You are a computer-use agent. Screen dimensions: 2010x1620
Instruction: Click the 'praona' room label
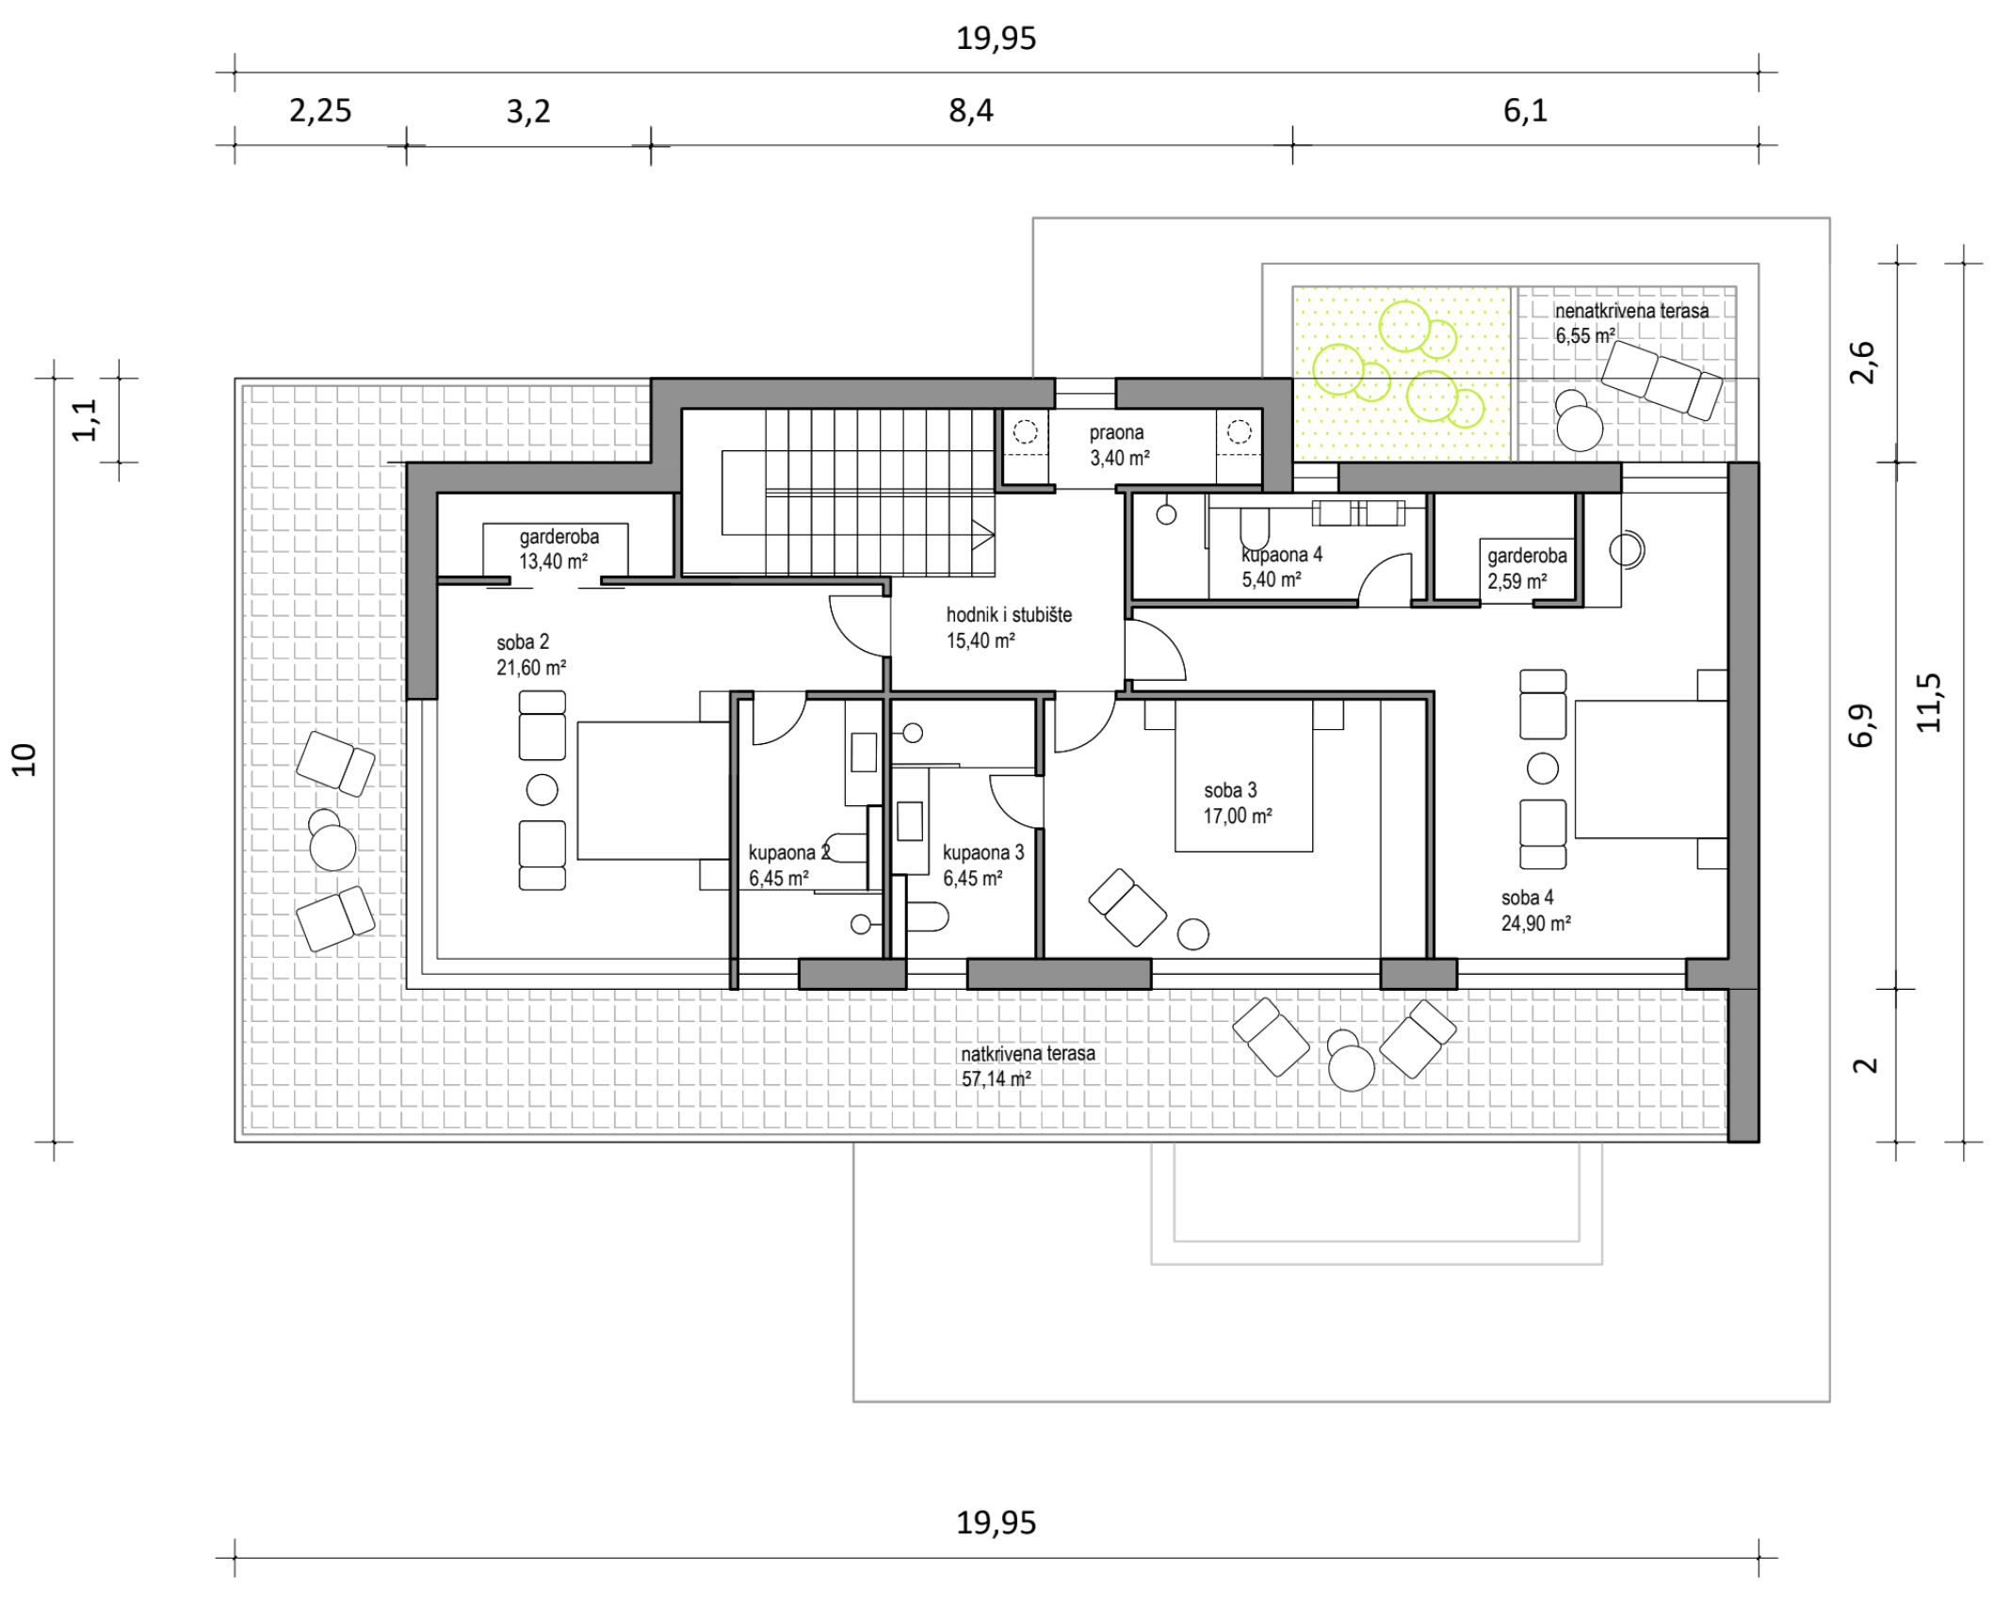tap(1117, 433)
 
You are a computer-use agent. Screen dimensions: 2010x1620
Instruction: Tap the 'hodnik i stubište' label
tap(1009, 615)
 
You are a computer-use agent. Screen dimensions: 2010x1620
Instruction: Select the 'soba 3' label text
tap(1230, 790)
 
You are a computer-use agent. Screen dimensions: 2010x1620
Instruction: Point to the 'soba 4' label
tap(1527, 898)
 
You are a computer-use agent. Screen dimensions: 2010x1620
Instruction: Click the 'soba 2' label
tap(523, 642)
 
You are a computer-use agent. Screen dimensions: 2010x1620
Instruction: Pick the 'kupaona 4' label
tap(1282, 555)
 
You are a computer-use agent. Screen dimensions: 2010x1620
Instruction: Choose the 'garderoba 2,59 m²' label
tap(1527, 569)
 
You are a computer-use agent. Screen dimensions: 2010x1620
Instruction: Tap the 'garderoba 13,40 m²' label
tap(559, 549)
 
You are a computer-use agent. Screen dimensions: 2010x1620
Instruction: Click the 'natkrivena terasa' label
tap(1028, 1054)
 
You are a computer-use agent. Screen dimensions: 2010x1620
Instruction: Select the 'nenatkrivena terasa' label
tap(1631, 311)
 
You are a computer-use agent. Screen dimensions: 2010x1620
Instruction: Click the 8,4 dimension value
tap(971, 111)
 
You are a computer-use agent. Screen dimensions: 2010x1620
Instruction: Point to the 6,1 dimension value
tap(1525, 111)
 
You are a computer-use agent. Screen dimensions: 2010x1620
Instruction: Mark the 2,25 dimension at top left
tap(320, 111)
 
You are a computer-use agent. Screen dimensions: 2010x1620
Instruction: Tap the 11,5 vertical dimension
tap(1928, 703)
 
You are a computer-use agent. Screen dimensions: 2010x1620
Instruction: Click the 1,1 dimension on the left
tap(85, 420)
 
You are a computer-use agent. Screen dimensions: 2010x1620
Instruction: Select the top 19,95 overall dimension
tap(996, 39)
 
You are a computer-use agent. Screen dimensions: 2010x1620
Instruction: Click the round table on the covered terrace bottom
tap(1352, 1068)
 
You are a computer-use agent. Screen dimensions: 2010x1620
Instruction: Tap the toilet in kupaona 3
tap(926, 916)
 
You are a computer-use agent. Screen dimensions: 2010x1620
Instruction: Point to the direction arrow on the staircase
tap(983, 535)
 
